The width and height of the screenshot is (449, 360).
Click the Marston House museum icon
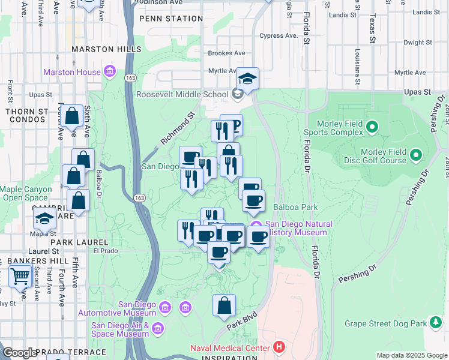click(x=109, y=73)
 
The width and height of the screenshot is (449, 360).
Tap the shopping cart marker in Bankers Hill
click(x=20, y=277)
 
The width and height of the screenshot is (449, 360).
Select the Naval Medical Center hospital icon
click(x=279, y=347)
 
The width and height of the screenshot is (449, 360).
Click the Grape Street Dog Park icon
click(x=436, y=323)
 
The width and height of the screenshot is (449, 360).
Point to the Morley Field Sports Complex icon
click(x=372, y=127)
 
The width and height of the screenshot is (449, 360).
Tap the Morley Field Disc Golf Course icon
click(x=416, y=159)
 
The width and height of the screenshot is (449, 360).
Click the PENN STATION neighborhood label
click(x=171, y=19)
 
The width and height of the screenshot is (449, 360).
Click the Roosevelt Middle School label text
click(x=182, y=94)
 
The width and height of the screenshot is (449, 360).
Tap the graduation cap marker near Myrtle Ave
click(x=247, y=79)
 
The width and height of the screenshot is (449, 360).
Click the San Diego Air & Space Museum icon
click(x=158, y=328)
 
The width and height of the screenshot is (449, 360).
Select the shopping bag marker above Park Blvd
click(x=224, y=305)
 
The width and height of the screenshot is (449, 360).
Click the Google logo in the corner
click(x=20, y=353)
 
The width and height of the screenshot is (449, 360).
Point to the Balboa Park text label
click(x=295, y=207)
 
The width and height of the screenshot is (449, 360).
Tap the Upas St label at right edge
click(x=418, y=92)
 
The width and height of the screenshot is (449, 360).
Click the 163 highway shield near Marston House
click(x=130, y=77)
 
